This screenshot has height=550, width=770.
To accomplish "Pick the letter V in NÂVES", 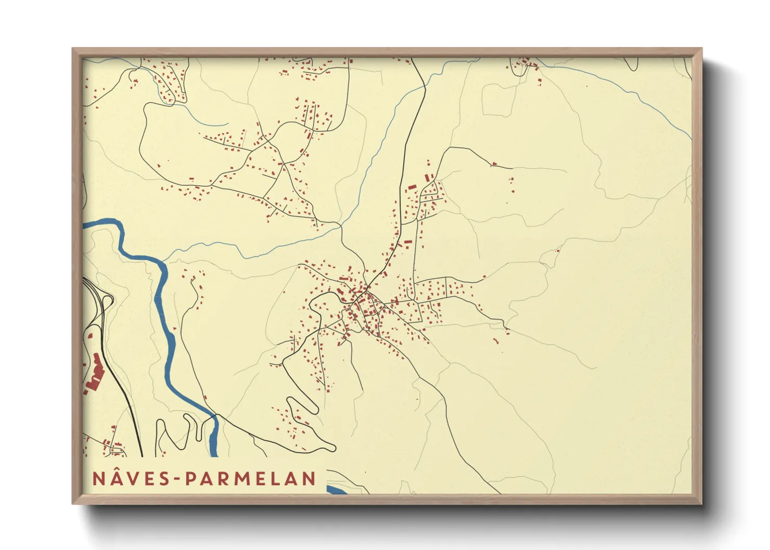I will tap(132, 479).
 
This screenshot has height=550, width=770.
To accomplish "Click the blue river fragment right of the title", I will tap(338, 490).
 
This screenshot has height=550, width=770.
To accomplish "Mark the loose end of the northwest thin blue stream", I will tap(227, 124).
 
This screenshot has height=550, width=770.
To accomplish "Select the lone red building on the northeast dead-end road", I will tap(494, 164).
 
